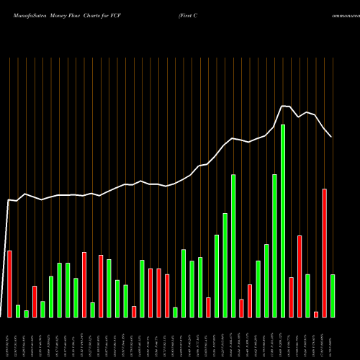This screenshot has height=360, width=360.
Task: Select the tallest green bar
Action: point(283,220)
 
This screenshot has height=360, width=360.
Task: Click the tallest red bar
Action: point(325,253)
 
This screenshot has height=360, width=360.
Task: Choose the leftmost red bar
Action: point(9,284)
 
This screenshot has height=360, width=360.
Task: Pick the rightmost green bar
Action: point(333,295)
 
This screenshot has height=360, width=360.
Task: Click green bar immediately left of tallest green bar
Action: point(274,246)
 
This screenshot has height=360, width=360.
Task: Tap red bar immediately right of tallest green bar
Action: point(291,297)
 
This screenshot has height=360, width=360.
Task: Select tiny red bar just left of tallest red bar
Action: point(316,314)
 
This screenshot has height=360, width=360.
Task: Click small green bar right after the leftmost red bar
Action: point(18,311)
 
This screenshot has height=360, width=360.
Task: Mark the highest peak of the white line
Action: point(283,106)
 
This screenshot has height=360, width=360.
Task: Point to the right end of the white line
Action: point(331,137)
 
